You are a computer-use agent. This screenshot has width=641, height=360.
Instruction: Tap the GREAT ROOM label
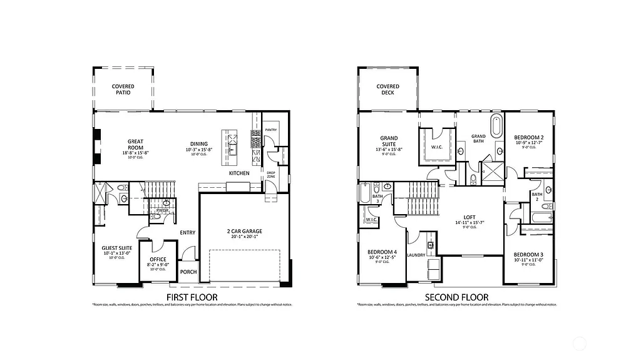[x=136, y=145]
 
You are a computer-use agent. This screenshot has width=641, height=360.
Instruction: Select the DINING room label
[x=199, y=142]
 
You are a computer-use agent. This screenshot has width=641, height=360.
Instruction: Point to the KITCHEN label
[x=239, y=173]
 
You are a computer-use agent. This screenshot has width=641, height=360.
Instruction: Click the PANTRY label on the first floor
[x=270, y=130]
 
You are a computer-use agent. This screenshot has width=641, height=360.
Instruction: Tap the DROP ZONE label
[x=271, y=175]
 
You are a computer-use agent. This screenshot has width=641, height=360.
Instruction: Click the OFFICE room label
[x=158, y=259]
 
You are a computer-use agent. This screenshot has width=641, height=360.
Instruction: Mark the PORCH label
[x=188, y=272]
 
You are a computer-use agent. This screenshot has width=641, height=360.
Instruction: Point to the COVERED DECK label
[x=388, y=90]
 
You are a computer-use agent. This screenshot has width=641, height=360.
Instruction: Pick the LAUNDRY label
[x=416, y=255]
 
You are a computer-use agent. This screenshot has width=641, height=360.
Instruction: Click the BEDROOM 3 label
[x=528, y=254]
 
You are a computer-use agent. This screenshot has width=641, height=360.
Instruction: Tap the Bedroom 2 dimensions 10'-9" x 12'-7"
[x=529, y=142]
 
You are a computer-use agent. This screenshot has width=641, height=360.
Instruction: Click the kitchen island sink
[x=232, y=149]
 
